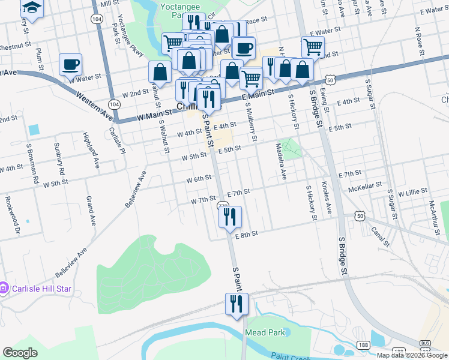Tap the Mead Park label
click(x=259, y=332)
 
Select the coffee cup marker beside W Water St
click(x=70, y=64)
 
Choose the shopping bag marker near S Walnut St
click(x=160, y=71)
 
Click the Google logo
click(x=20, y=353)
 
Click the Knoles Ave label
click(x=327, y=197)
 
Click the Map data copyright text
click(x=412, y=355)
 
